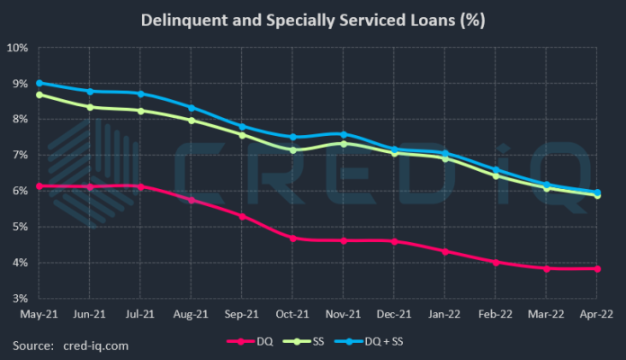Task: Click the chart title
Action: [313, 20]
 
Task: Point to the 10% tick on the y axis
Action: [17, 47]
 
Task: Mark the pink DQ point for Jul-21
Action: [140, 186]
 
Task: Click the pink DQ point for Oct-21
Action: [292, 238]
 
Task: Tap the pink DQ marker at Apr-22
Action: [596, 268]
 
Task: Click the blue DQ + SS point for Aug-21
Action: [191, 108]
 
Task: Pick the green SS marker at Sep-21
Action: [242, 135]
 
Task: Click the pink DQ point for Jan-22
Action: [444, 251]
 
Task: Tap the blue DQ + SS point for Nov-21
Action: [344, 134]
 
